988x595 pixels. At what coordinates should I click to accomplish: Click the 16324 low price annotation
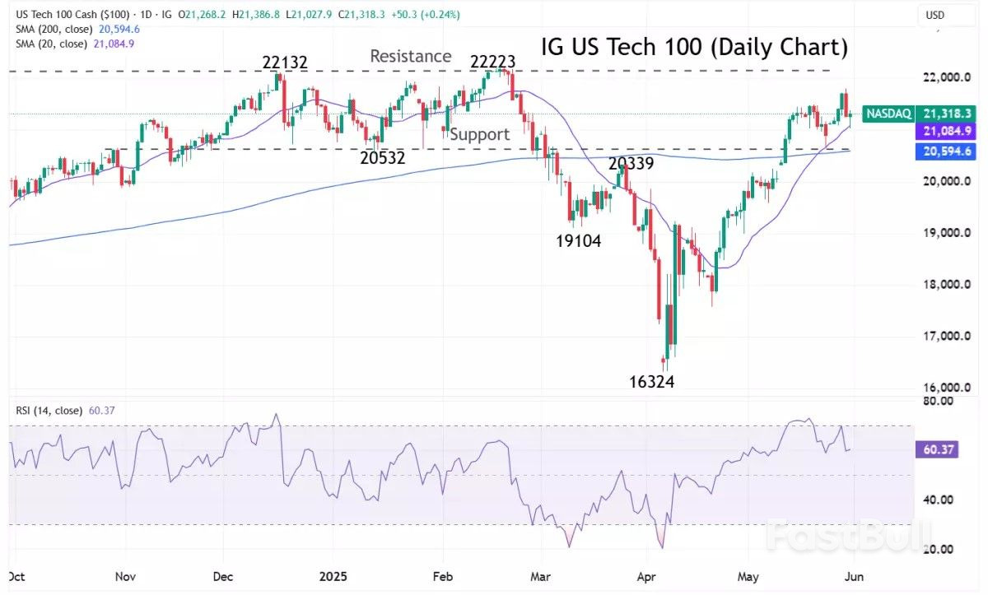[651, 382]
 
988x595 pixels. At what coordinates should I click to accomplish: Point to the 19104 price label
[578, 241]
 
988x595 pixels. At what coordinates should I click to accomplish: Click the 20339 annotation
[631, 164]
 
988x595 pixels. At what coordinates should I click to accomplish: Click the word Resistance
[410, 56]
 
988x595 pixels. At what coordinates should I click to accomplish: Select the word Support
[479, 134]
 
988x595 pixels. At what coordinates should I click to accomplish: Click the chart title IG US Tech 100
[694, 48]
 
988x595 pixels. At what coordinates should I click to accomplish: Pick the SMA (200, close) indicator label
[51, 29]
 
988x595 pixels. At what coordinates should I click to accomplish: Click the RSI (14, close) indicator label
[48, 410]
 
